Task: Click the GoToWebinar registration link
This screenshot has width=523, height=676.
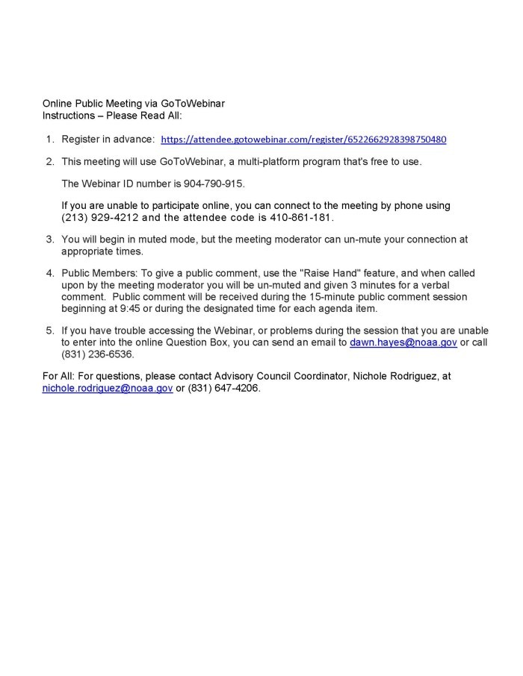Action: (x=303, y=140)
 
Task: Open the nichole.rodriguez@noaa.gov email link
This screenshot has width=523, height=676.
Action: (x=108, y=388)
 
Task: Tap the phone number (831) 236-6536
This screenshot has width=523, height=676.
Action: (x=96, y=354)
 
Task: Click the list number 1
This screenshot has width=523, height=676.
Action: (x=49, y=140)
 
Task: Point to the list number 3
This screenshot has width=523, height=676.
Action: (x=49, y=240)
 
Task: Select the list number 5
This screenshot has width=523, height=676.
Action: (x=49, y=331)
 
